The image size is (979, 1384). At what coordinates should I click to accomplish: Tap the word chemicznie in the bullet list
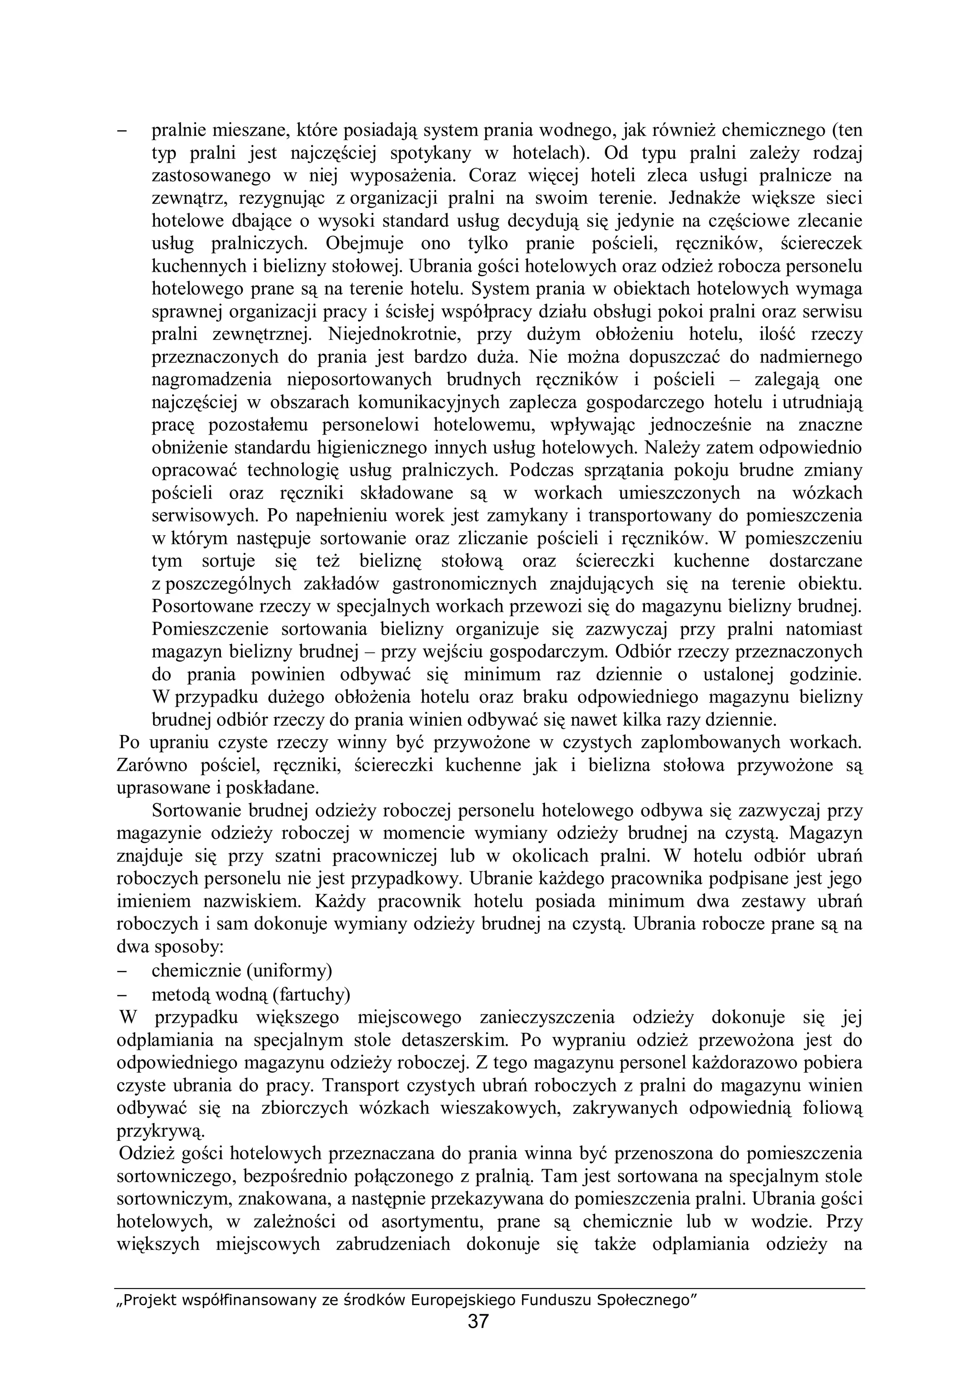coord(189,970)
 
